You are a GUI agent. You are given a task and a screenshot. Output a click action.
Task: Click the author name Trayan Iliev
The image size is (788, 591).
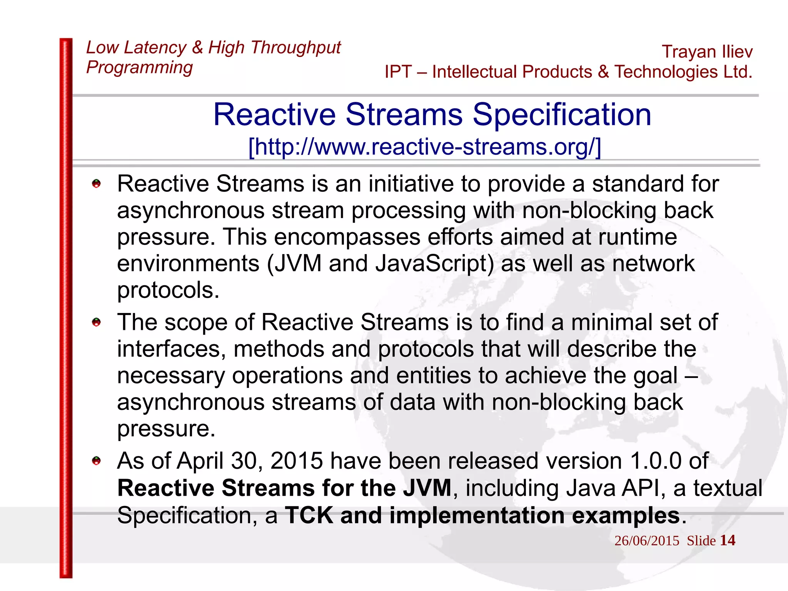click(x=707, y=52)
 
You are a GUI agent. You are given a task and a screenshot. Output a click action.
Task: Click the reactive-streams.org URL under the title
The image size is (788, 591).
click(x=424, y=147)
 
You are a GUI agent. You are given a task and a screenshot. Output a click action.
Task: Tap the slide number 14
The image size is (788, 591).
click(x=727, y=540)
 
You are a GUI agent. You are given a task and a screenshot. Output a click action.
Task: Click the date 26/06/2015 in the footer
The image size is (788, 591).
click(x=647, y=541)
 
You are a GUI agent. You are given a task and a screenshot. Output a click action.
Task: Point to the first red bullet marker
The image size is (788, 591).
click(x=96, y=184)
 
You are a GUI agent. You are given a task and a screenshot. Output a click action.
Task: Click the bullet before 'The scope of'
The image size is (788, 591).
click(x=96, y=322)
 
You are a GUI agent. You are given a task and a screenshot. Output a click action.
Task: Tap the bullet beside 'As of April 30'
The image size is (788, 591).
click(x=96, y=461)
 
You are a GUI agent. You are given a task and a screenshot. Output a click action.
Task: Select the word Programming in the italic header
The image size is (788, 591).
click(x=139, y=68)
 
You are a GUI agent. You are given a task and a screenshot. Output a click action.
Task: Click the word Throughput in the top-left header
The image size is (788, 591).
click(x=295, y=48)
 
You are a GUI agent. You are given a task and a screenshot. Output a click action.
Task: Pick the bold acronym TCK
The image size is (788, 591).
click(x=309, y=515)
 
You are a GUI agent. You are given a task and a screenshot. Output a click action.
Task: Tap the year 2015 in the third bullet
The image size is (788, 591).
click(x=296, y=461)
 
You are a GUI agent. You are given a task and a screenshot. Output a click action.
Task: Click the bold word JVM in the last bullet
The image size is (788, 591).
click(x=427, y=488)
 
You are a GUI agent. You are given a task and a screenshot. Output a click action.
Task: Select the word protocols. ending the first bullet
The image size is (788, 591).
click(x=168, y=290)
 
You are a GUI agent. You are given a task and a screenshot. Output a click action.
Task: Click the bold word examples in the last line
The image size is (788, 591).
click(x=626, y=515)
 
